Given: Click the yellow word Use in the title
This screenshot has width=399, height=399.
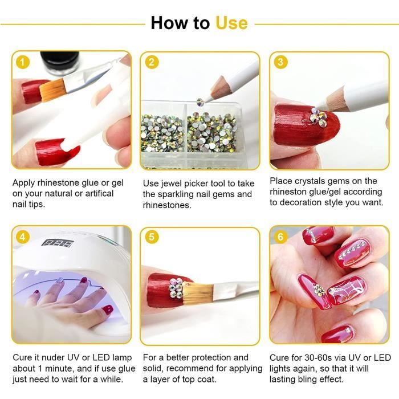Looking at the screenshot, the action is (x=231, y=23).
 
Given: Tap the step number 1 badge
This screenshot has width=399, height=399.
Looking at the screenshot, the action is (x=23, y=62).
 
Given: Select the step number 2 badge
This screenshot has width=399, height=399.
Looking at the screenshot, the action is (x=152, y=62).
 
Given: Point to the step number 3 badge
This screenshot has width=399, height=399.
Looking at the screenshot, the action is (x=280, y=62).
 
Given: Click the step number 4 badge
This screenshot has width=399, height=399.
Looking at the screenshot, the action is (x=23, y=237).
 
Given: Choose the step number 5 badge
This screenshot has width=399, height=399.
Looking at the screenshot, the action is (x=152, y=237).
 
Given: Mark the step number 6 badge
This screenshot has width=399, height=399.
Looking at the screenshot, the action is (x=280, y=237).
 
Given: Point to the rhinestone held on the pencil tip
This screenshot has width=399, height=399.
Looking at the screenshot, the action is (x=200, y=101).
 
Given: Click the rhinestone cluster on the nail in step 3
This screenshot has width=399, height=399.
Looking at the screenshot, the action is (x=317, y=117).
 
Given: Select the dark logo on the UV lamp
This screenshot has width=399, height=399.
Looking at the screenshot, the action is (x=58, y=243).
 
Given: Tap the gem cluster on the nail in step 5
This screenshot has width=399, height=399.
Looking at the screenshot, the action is (x=176, y=288).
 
